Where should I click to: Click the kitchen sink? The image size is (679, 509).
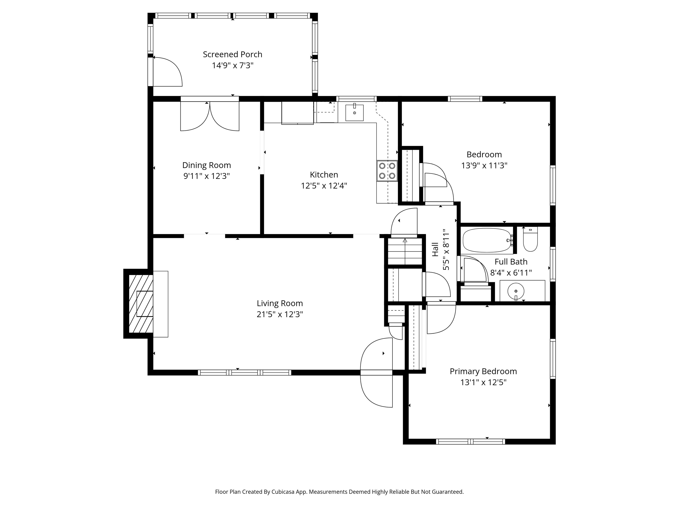pyautogui.click(x=354, y=113)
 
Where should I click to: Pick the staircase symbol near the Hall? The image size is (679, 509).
pyautogui.click(x=405, y=252)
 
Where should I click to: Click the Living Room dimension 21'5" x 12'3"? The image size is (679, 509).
pyautogui.click(x=280, y=314)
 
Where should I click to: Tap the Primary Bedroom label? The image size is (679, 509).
pyautogui.click(x=483, y=371)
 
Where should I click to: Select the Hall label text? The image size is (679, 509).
pyautogui.click(x=435, y=249)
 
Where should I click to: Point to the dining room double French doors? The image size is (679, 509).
pyautogui.click(x=210, y=117)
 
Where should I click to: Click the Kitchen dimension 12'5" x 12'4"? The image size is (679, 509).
pyautogui.click(x=324, y=186)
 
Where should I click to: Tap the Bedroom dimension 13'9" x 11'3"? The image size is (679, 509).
pyautogui.click(x=484, y=165)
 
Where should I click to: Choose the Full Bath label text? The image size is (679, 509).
pyautogui.click(x=511, y=262)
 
